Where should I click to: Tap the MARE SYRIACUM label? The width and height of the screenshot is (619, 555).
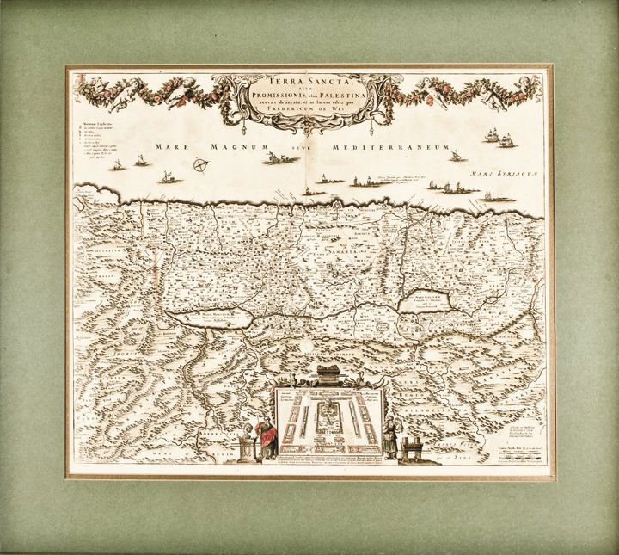click(508, 172)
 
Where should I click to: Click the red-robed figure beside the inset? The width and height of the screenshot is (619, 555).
click(267, 436)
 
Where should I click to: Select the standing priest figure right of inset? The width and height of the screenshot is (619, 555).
click(391, 435)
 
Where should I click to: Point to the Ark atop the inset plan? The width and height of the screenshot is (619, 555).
click(326, 374)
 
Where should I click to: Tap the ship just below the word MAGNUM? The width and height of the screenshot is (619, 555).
click(275, 158)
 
